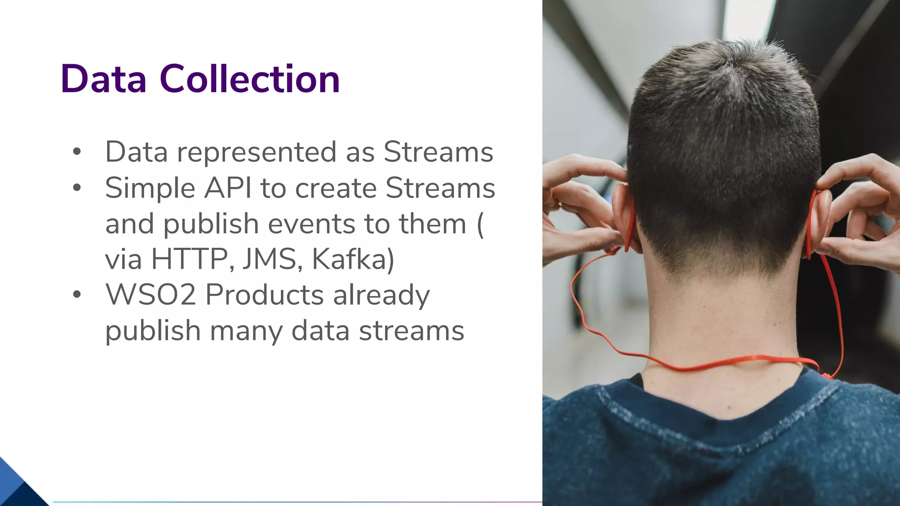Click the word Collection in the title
point(250,79)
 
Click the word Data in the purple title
point(104,79)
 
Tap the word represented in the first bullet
point(257,152)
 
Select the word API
point(228,188)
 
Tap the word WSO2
point(150,294)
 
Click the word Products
point(265,294)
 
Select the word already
point(381,295)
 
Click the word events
point(312,224)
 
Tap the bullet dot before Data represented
point(77,152)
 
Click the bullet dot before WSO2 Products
point(77,294)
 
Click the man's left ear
point(624,211)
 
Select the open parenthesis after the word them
point(480,224)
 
